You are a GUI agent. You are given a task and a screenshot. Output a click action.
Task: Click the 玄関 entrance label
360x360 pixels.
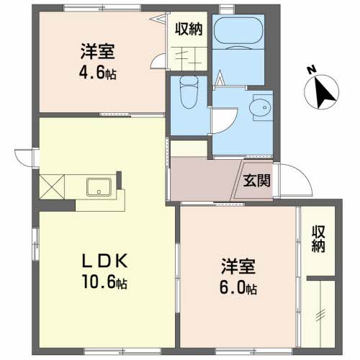pyautogui.click(x=256, y=181)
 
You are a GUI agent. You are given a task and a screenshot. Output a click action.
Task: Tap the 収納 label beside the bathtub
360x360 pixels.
pyautogui.click(x=190, y=30)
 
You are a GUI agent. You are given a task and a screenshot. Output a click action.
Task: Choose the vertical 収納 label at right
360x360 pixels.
pyautogui.click(x=318, y=239)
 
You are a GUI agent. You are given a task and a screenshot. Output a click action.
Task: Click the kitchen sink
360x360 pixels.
pyautogui.click(x=99, y=189)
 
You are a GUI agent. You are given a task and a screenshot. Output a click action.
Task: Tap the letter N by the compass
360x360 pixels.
pyautogui.click(x=311, y=70)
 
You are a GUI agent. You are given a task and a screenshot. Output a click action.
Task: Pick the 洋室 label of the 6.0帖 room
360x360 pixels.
pyautogui.click(x=239, y=267)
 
